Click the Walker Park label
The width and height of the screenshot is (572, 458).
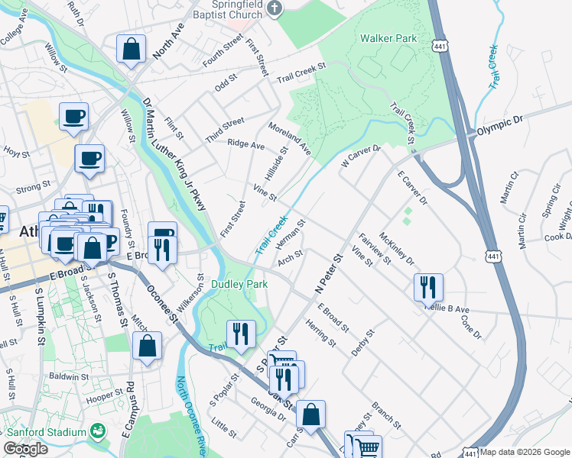pyautogui.click(x=388, y=37)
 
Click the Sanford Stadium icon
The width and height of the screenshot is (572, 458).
pyautogui.click(x=97, y=432)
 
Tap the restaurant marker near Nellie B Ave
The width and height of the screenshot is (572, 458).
pyautogui.click(x=428, y=287)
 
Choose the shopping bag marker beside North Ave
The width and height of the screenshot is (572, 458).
pyautogui.click(x=132, y=48)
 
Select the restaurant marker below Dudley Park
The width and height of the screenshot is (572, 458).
pyautogui.click(x=241, y=334)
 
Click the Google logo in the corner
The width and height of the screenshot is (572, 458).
pyautogui.click(x=26, y=449)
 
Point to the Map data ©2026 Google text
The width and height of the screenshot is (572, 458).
pyautogui.click(x=525, y=452)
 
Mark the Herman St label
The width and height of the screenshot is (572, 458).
pyautogui.click(x=291, y=234)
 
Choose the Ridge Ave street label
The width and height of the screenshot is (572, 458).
pyautogui.click(x=246, y=144)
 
